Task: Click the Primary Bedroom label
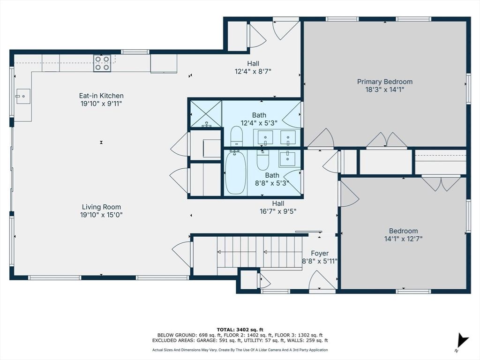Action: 385,82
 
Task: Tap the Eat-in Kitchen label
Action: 101,96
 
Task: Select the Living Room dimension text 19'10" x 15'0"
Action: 101,215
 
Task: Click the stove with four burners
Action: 103,63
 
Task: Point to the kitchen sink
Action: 23,97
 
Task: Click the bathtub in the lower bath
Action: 235,172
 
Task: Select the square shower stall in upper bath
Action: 205,113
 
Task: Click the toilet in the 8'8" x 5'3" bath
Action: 263,160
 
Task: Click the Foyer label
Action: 320,253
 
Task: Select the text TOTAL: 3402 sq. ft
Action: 240,329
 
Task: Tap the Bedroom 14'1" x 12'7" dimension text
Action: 403,238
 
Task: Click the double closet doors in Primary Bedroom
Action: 387,140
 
